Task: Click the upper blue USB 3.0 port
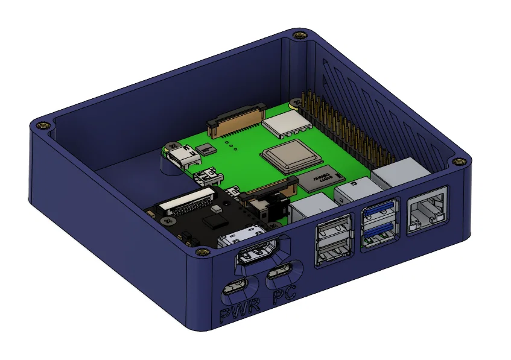379,212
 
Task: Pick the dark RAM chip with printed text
325,177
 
